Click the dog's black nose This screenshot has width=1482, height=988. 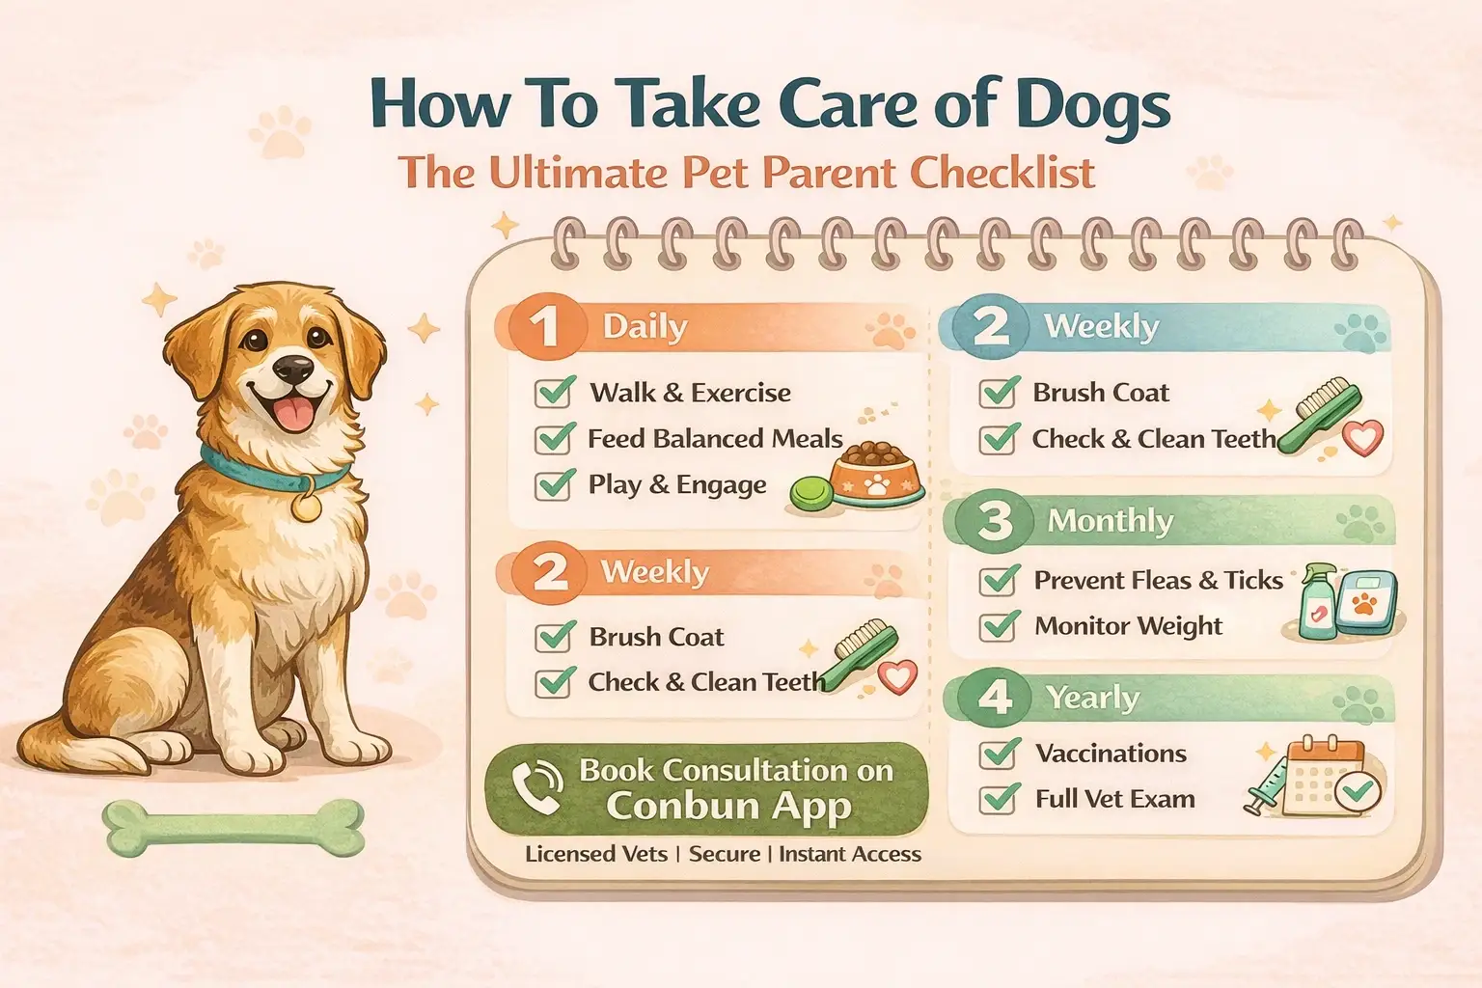[x=293, y=368]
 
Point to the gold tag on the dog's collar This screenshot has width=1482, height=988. [x=307, y=507]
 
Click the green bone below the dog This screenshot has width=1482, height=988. [x=233, y=828]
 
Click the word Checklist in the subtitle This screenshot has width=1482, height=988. [x=1003, y=173]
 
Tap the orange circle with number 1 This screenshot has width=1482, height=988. [x=544, y=327]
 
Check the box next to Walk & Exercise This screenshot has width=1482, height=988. [x=555, y=393]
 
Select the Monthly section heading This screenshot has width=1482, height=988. [x=1110, y=521]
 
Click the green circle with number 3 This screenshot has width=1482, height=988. [x=994, y=521]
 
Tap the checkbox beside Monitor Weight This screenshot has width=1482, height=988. [x=1000, y=626]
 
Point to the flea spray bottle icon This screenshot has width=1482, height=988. [x=1316, y=602]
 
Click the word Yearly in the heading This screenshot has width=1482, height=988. [x=1092, y=697]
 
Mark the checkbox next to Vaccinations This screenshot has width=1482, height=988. [x=1000, y=754]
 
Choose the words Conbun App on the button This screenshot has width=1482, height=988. [x=728, y=806]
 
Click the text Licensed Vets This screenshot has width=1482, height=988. [x=595, y=854]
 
